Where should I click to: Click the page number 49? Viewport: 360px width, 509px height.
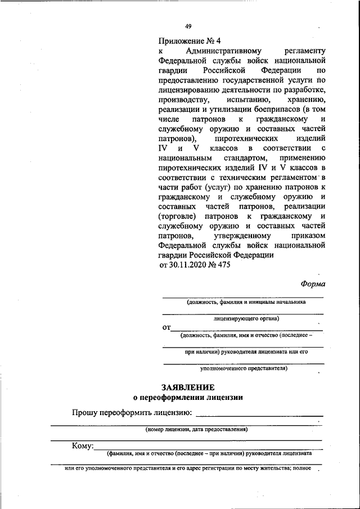[188, 26]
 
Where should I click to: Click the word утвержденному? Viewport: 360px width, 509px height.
[242, 236]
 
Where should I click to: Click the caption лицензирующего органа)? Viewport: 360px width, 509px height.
[243, 318]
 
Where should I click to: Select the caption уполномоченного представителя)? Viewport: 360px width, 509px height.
[244, 369]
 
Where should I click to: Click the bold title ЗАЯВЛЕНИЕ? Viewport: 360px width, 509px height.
[188, 388]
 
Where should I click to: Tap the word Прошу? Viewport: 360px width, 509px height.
[84, 413]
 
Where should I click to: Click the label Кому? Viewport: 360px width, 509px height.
[82, 447]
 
